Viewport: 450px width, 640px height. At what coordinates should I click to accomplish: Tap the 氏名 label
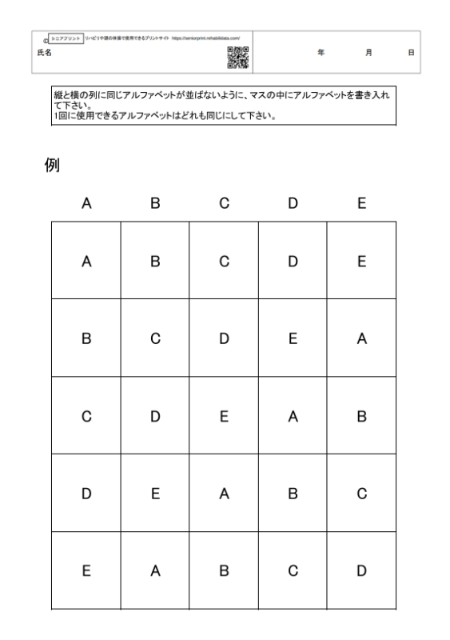(53, 52)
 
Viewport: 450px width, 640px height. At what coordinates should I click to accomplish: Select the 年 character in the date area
(321, 52)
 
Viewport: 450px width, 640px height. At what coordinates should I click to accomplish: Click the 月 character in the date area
(368, 52)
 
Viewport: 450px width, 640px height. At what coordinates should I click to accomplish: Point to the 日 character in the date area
(411, 52)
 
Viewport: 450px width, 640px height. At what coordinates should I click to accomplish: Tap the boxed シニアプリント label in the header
(66, 38)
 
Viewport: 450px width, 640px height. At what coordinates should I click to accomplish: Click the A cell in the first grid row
(86, 262)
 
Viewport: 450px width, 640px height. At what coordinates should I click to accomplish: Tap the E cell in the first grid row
(361, 262)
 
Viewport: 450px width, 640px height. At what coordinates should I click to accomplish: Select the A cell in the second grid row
(361, 339)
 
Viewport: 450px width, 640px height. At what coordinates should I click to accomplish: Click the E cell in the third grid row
(224, 417)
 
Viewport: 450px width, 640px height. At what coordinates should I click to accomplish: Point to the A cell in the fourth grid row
(224, 494)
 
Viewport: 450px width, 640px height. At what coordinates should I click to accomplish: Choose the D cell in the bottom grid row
(361, 571)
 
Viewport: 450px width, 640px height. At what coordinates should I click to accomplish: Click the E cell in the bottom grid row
(86, 571)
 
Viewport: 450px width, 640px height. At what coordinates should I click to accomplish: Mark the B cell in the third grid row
(361, 417)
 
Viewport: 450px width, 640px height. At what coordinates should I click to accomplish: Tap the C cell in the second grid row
(155, 339)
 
